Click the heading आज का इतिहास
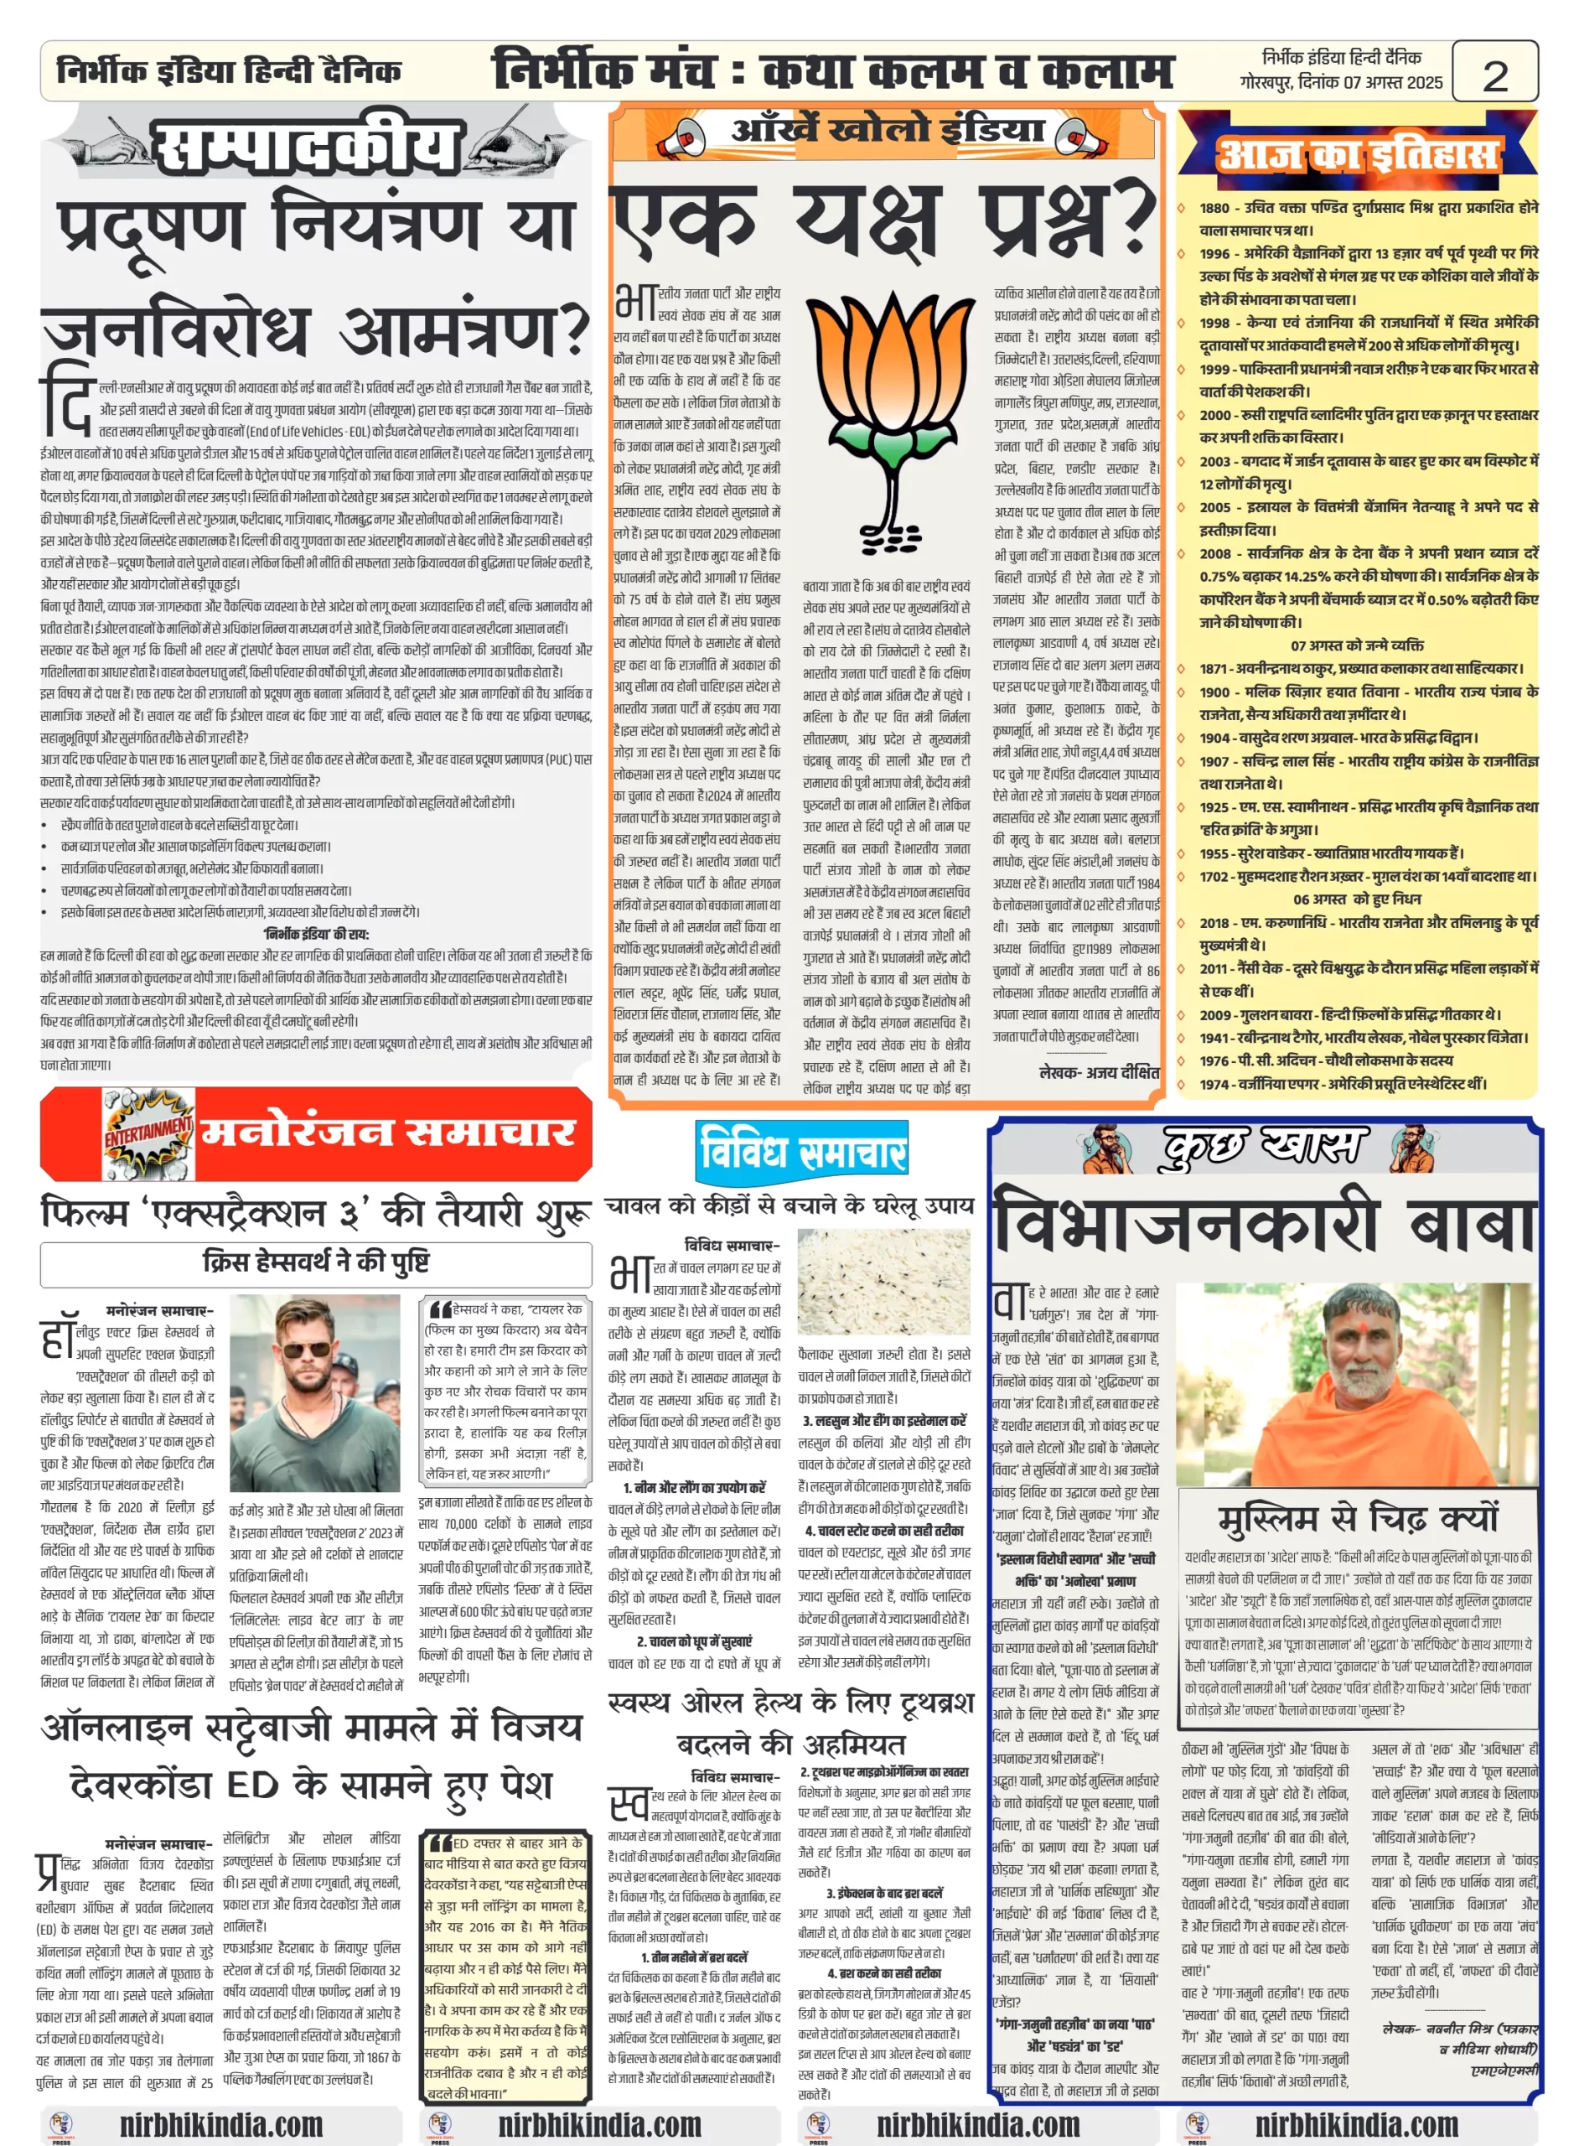point(1357,153)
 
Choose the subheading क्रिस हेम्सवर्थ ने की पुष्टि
point(315,1262)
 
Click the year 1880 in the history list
point(1214,207)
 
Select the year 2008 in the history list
point(1214,553)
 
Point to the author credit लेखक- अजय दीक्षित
point(1100,1072)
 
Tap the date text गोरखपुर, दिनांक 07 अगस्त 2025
point(1341,83)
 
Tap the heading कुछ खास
point(1264,1146)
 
